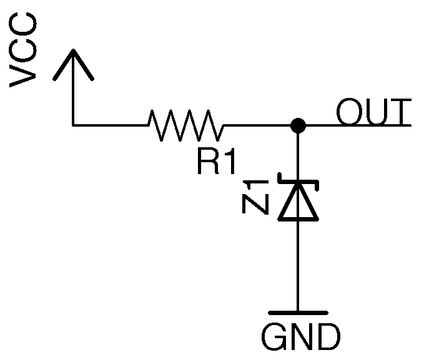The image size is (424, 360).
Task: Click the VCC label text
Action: (x=25, y=52)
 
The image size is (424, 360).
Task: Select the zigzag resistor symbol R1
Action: (x=185, y=125)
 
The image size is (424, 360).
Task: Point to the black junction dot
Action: (x=298, y=125)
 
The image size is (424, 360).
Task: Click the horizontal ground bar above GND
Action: (x=298, y=311)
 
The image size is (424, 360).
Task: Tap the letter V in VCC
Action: (x=25, y=74)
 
